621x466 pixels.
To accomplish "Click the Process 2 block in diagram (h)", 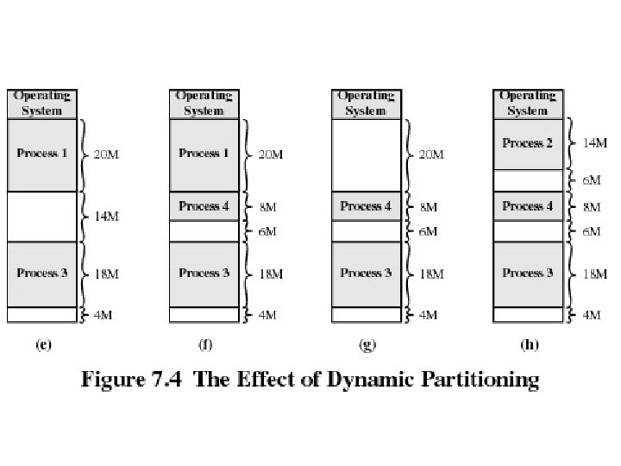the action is click(x=528, y=144).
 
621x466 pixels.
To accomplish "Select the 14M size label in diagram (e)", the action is click(x=106, y=217).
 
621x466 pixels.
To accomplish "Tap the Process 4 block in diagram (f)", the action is click(x=204, y=206).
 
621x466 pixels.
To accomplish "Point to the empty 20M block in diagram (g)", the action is click(x=367, y=155).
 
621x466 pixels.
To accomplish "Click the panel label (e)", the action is click(x=44, y=344).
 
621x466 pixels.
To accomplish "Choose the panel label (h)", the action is click(x=530, y=344).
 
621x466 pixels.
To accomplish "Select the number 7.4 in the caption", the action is click(x=166, y=379).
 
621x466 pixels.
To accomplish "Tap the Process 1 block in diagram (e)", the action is click(x=42, y=155).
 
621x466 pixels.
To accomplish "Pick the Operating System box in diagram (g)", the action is click(x=367, y=104).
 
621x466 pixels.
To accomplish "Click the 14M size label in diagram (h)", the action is click(x=595, y=142).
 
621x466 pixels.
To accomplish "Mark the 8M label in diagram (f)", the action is click(x=267, y=207).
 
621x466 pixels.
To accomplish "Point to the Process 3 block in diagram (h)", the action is click(x=528, y=274).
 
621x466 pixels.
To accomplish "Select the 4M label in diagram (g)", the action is click(x=428, y=315).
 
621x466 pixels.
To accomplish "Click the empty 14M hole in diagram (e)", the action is click(x=42, y=217).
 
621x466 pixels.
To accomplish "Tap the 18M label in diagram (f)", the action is click(x=271, y=274).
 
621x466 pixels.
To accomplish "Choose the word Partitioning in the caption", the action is click(x=480, y=379).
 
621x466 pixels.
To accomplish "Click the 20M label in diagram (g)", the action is click(x=431, y=154).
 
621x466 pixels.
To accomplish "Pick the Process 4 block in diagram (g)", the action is click(x=367, y=206).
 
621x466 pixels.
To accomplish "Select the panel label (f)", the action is click(x=205, y=344).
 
